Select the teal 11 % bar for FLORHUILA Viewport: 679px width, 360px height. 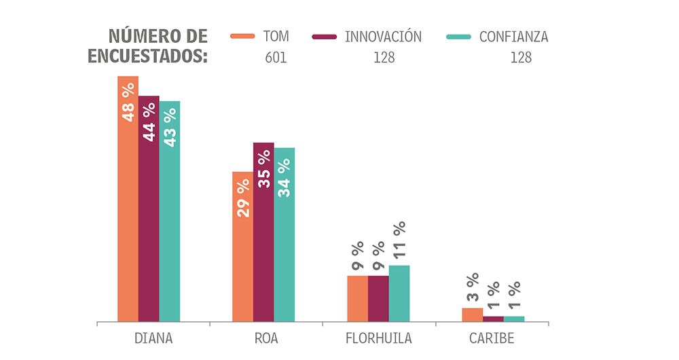coord(399,293)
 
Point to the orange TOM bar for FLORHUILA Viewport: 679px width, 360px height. coord(357,298)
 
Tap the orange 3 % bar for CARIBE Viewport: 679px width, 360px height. coord(472,314)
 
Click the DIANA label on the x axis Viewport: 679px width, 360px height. coord(153,338)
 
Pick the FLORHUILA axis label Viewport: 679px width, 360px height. coord(378,338)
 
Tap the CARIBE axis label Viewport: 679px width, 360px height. coord(492,338)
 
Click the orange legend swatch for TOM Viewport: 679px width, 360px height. coord(242,37)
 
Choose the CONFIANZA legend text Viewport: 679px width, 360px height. coord(513,37)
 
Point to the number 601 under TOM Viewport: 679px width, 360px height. coord(276,58)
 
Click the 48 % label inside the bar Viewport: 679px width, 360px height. coord(128,102)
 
